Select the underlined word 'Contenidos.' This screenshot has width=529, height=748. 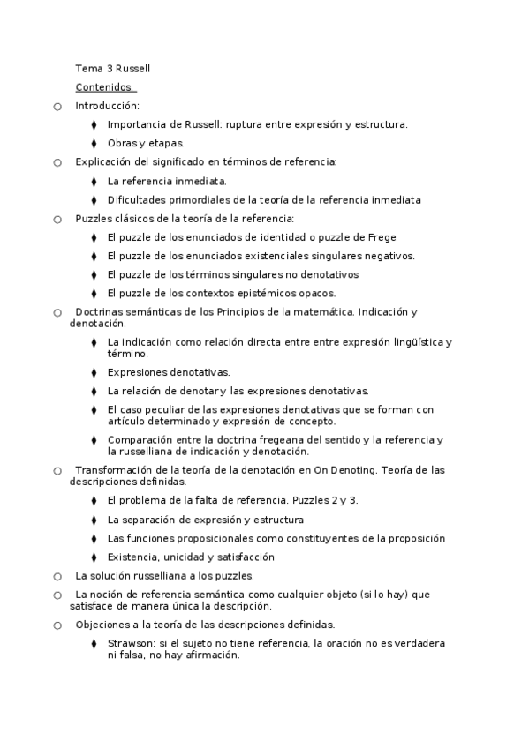104,87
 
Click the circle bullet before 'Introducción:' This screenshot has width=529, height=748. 57,107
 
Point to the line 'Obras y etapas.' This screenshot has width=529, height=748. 146,143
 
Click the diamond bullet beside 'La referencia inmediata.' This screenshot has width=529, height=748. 94,181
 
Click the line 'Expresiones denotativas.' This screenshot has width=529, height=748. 168,371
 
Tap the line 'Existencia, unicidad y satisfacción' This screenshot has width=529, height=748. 191,557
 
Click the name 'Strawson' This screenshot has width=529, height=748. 129,643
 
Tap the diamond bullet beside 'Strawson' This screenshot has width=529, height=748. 94,644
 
